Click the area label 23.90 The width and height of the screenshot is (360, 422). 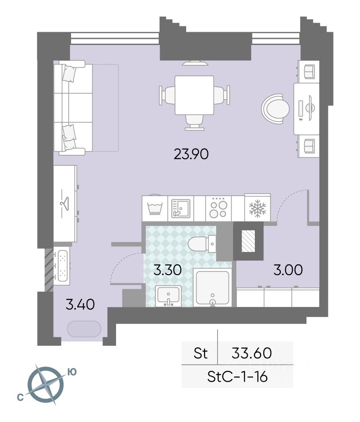tap(191, 154)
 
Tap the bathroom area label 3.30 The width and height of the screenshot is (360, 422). tap(168, 269)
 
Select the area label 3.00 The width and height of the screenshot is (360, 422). tap(288, 269)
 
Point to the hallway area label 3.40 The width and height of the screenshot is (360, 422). tap(80, 305)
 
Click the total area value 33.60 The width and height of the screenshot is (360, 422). tap(252, 353)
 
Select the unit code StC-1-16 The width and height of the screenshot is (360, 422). tap(237, 377)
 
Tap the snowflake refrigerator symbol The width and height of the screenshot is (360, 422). tap(257, 208)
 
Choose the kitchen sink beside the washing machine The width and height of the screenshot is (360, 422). tap(180, 208)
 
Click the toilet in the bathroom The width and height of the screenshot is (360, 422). tap(202, 244)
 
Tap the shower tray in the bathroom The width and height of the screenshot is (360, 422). tap(213, 288)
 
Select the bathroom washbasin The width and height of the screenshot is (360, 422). tap(168, 296)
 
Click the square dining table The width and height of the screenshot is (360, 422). tap(194, 95)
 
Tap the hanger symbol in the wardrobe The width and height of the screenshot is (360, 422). tap(64, 203)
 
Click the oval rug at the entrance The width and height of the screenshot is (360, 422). tap(84, 329)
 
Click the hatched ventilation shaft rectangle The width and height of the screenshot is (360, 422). tap(248, 241)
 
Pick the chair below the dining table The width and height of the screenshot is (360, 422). tap(194, 123)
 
